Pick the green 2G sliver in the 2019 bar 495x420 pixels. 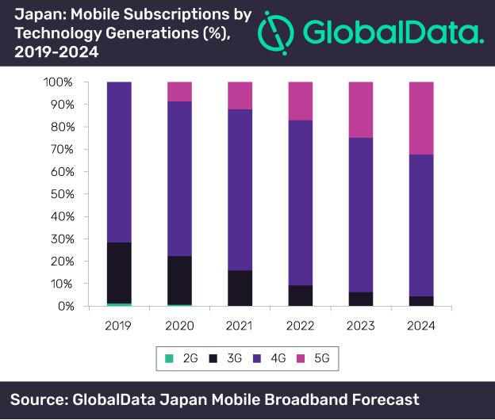pos(118,304)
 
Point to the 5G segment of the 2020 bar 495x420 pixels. pos(179,91)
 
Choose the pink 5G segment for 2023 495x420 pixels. pos(362,109)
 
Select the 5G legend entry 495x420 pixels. pos(320,359)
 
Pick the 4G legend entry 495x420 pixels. pos(274,359)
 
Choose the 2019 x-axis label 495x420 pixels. pos(118,325)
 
